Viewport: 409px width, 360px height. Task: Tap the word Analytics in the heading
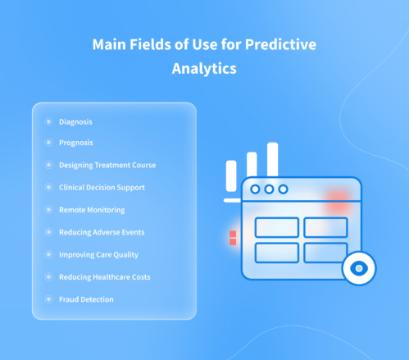pyautogui.click(x=204, y=70)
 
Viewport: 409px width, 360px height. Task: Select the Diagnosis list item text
pyautogui.click(x=75, y=121)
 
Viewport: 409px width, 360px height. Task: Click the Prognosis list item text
pyautogui.click(x=75, y=143)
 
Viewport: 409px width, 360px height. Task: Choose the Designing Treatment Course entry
pyautogui.click(x=107, y=165)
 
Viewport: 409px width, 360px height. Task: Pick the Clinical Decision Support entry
pyautogui.click(x=102, y=187)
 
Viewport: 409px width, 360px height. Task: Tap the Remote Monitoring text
pyautogui.click(x=92, y=210)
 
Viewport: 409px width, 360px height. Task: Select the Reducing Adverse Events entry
pyautogui.click(x=102, y=232)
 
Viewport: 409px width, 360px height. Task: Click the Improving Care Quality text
pyautogui.click(x=98, y=254)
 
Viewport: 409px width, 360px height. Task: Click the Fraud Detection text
pyautogui.click(x=86, y=299)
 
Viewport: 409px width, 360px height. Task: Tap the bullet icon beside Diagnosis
pyautogui.click(x=48, y=121)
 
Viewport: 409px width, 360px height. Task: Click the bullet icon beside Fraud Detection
pyautogui.click(x=48, y=299)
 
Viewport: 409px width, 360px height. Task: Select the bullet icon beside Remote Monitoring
pyautogui.click(x=48, y=210)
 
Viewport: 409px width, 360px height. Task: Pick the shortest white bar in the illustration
pyautogui.click(x=231, y=176)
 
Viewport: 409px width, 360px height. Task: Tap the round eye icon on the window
pyautogui.click(x=357, y=268)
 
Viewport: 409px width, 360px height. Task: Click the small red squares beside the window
pyautogui.click(x=233, y=238)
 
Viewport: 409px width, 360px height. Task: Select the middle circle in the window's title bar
pyautogui.click(x=270, y=189)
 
